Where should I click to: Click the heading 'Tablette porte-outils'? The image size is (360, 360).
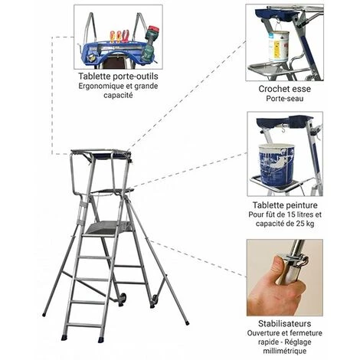coord(118,76)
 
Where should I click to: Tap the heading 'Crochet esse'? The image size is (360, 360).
coord(284,89)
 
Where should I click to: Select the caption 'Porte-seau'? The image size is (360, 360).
coord(285,99)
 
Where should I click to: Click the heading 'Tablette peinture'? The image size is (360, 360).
coord(285,205)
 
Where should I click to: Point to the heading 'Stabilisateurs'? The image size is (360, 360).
coord(285,323)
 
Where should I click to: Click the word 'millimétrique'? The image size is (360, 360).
coord(285,351)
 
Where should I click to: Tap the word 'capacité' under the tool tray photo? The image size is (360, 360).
coord(118,95)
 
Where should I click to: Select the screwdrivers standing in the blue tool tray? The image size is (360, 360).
coord(119,36)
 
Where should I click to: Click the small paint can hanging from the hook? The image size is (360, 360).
coord(279,45)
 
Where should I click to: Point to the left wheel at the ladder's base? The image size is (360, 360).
coord(123,299)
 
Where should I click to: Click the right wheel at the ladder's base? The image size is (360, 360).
coord(154,300)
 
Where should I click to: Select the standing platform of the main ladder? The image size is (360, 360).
coord(108,227)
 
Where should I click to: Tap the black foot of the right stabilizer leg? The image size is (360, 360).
coord(187,323)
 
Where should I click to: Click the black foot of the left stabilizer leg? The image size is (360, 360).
coord(44,314)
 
